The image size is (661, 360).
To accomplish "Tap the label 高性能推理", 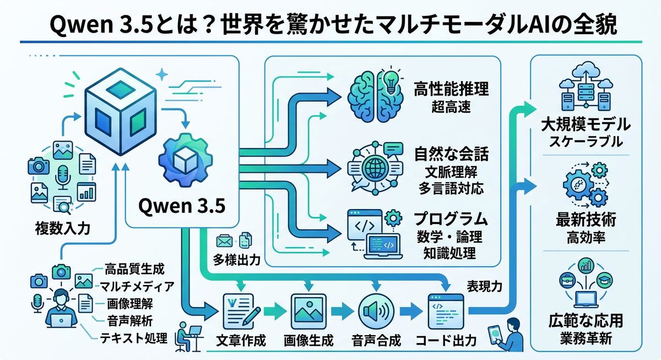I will [451, 89].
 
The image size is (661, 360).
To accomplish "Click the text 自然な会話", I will [451, 152].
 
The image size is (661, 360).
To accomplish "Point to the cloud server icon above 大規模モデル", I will [586, 88].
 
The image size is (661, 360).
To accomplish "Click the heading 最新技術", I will [586, 221].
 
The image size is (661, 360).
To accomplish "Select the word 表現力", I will [485, 286].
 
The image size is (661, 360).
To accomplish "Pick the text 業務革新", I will [586, 337].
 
